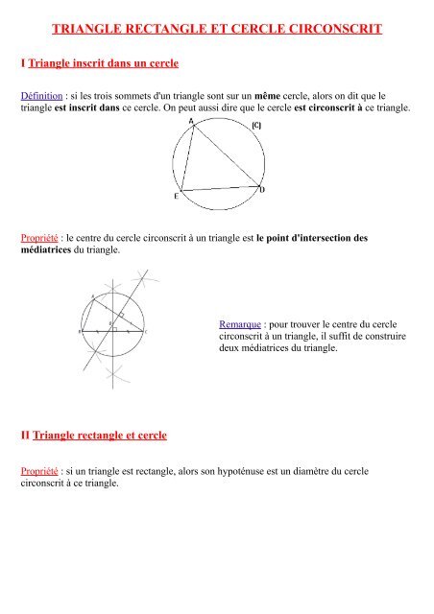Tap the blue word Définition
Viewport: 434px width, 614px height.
click(44, 97)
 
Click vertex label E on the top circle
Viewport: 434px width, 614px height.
click(176, 197)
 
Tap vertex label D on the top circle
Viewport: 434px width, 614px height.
click(263, 190)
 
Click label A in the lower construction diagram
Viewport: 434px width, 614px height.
click(92, 295)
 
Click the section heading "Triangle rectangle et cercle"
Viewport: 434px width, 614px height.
click(99, 436)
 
